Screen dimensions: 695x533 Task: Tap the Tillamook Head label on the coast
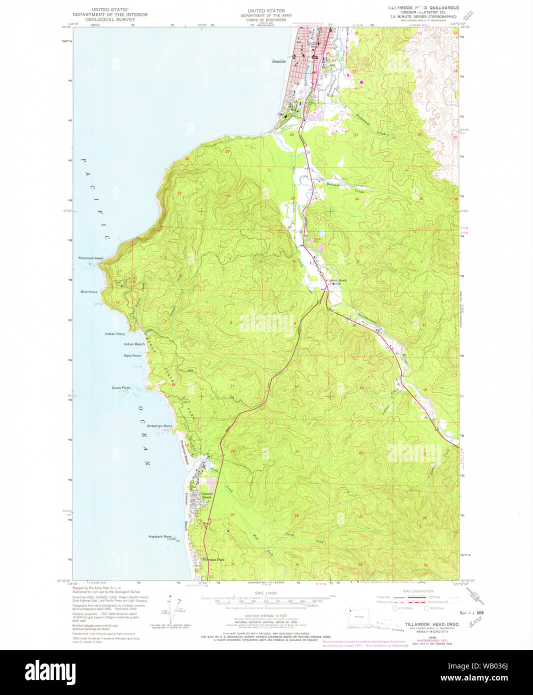coord(90,258)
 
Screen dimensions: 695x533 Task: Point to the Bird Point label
coord(88,292)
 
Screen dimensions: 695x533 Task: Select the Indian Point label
coord(114,333)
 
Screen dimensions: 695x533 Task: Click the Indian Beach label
coord(134,344)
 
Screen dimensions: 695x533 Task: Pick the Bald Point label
coord(132,355)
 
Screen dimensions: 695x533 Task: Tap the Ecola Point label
coord(121,387)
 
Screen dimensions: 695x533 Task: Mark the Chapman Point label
coord(159,426)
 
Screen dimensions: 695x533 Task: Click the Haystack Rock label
coord(160,536)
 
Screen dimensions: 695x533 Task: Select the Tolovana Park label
coord(213,559)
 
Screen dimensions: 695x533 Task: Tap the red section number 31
coord(179,193)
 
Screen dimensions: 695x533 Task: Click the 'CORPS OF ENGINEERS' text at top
coord(265,20)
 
